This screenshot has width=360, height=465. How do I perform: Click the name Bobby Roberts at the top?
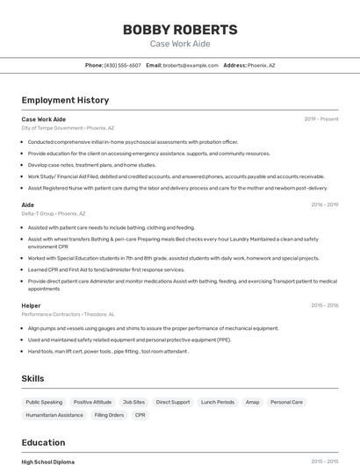179,29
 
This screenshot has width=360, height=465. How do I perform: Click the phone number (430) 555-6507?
123,65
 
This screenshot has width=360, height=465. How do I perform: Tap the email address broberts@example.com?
190,65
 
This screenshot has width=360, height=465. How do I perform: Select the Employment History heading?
65,100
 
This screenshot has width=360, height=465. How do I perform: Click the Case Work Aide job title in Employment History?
44,119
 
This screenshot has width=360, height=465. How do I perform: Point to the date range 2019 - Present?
320,119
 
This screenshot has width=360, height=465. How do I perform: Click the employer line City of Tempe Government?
68,128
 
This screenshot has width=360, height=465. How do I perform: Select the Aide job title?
28,204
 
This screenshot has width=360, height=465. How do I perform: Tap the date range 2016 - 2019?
324,204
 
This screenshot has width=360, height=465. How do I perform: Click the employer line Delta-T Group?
54,213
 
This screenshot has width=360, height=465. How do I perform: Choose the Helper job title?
32,305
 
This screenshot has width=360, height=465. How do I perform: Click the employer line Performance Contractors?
68,314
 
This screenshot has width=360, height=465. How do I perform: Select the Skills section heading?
33,378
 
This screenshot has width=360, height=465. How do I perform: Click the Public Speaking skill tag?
45,402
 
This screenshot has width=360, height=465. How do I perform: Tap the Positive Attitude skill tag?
92,402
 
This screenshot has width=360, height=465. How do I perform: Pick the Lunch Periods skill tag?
218,402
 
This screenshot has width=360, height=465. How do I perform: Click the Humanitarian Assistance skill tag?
54,415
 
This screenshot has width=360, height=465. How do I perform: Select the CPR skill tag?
140,415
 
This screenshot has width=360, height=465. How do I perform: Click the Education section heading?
43,443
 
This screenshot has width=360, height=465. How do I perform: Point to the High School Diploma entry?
48,461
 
